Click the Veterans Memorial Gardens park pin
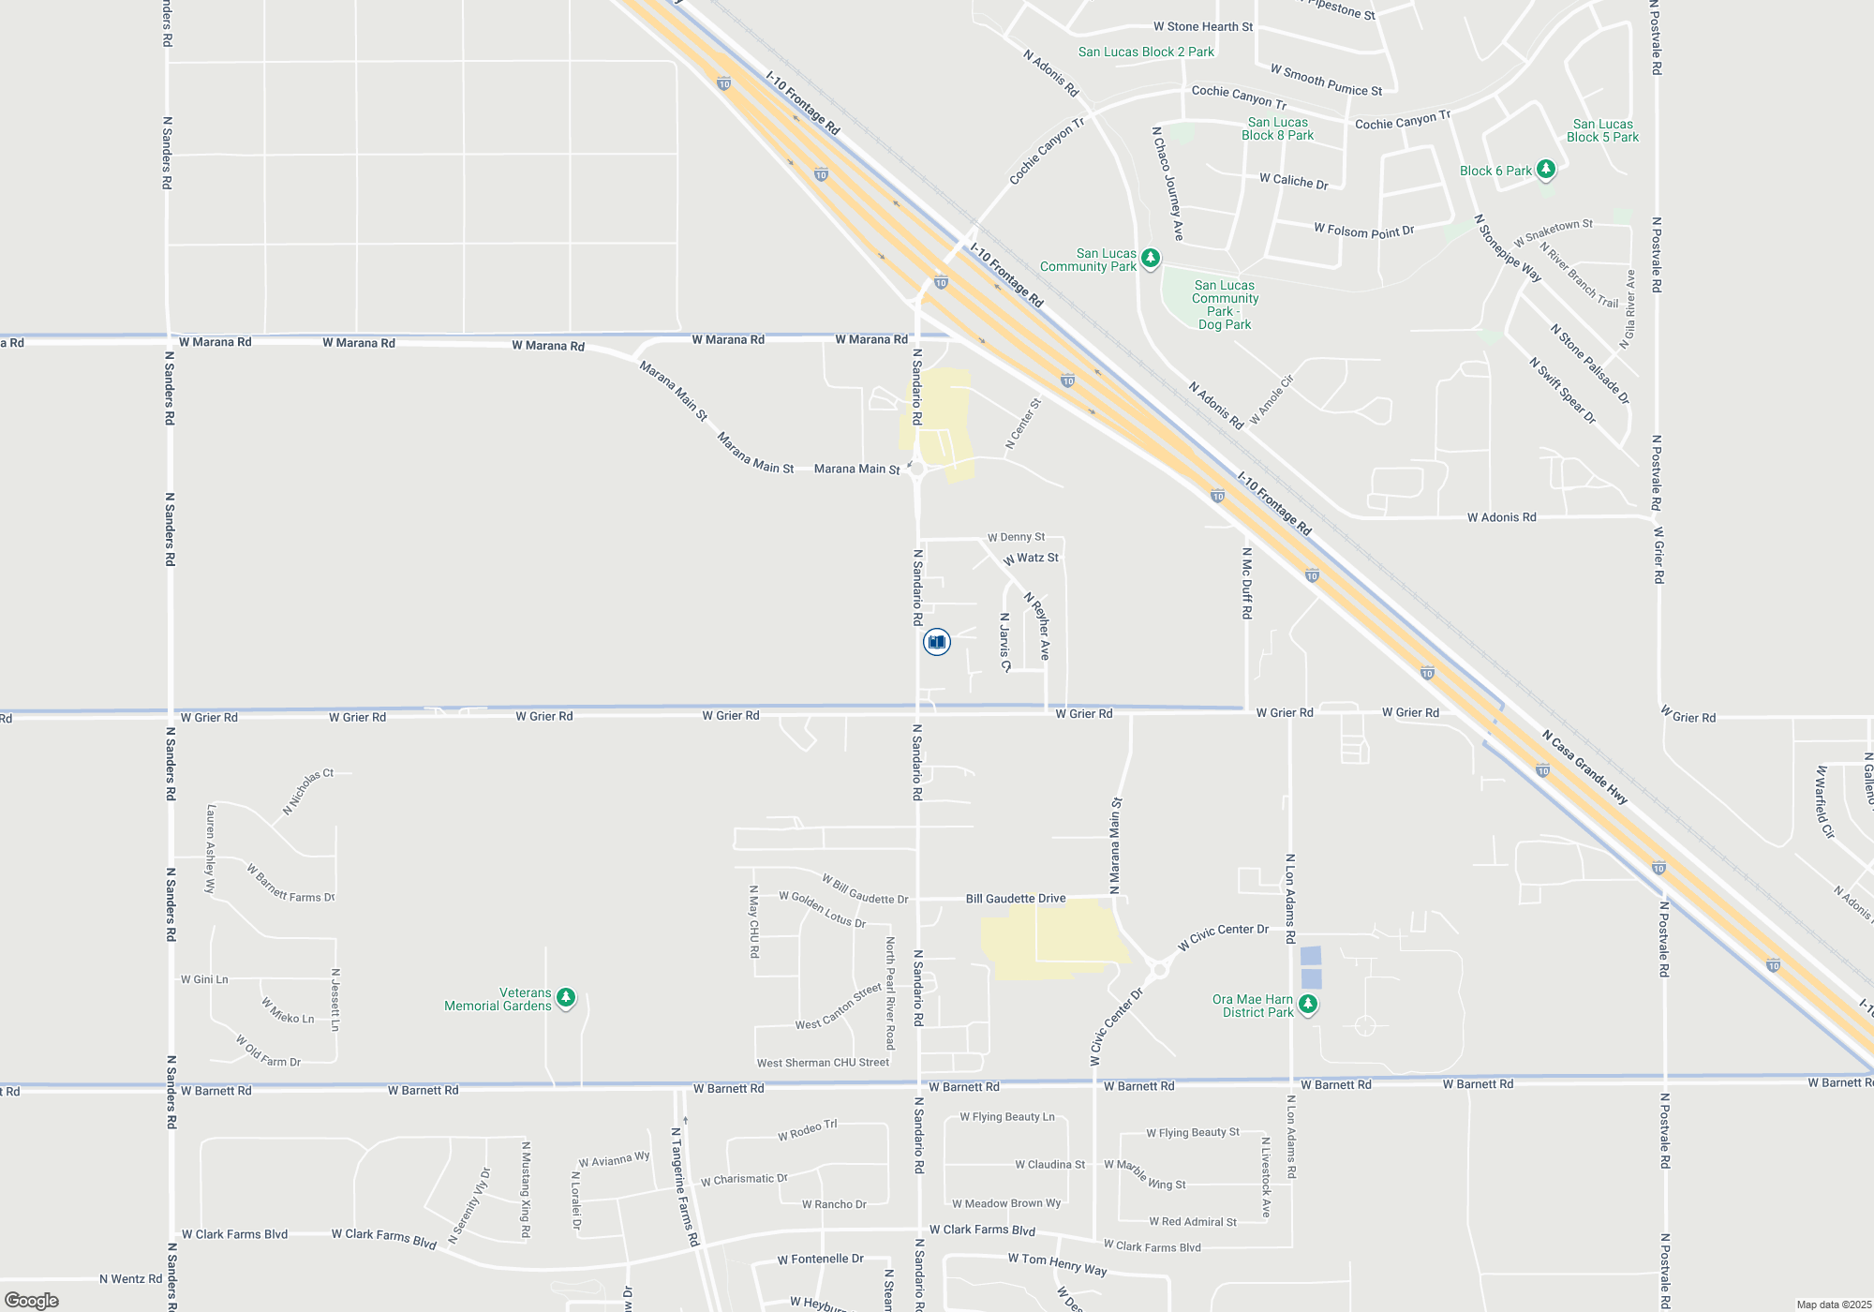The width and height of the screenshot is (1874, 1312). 566,998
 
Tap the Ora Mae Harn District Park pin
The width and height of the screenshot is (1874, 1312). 1309,1005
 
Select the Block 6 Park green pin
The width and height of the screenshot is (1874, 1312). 1546,170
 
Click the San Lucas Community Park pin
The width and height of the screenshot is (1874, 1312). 1151,258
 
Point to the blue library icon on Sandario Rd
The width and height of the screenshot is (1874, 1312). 936,642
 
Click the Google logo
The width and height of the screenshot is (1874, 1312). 32,1301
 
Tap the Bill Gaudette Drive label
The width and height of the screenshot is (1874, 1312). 1016,899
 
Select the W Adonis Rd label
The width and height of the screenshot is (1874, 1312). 1501,517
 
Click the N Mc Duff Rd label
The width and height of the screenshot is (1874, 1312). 1246,583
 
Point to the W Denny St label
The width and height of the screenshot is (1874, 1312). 1016,537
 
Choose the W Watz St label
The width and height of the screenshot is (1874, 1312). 1031,559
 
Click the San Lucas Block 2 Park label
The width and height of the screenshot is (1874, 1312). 1146,52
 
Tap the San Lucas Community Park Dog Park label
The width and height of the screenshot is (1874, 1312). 1225,305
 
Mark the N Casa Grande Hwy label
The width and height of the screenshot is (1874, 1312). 1585,768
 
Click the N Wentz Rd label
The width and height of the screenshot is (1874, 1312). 130,1279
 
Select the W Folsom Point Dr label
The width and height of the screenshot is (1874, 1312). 1363,230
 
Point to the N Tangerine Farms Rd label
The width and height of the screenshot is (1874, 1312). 685,1186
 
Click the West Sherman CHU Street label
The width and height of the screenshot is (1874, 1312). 823,1063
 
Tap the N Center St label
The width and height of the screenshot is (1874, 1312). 1023,424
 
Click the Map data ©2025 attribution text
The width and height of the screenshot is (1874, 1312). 1834,1305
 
